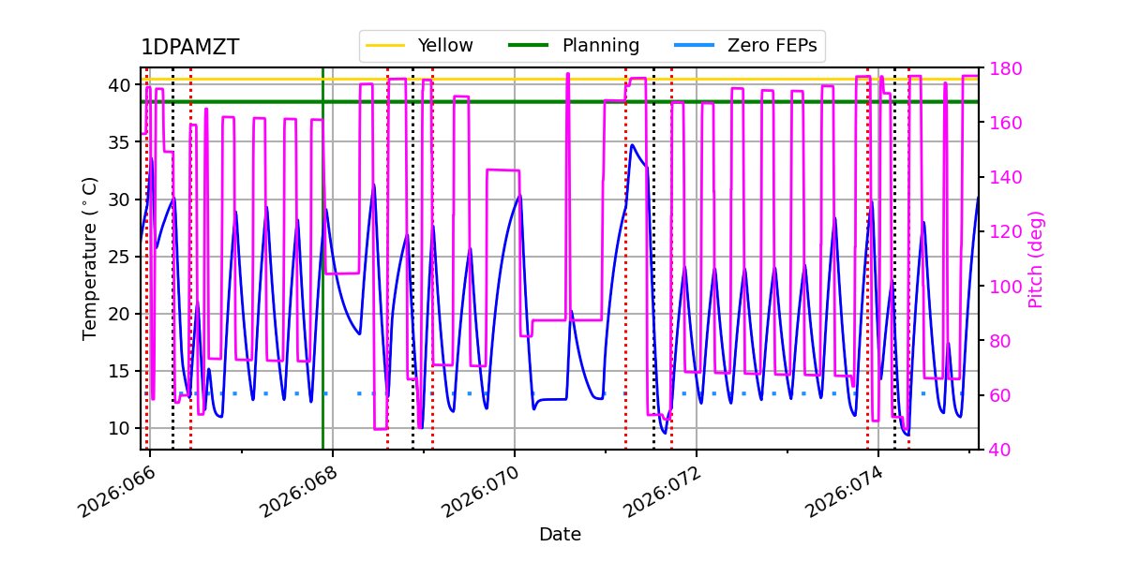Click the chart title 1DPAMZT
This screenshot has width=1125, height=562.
(189, 48)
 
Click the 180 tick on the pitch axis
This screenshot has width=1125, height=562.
(1000, 68)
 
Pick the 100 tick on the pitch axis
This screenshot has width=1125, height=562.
(1000, 287)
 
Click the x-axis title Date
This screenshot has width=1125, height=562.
(560, 535)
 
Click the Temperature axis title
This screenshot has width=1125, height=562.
(90, 258)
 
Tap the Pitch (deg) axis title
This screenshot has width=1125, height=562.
(1036, 259)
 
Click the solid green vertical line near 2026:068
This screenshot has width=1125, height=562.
(322, 281)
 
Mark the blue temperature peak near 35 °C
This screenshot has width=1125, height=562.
(632, 145)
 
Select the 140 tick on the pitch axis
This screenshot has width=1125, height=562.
(1000, 177)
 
